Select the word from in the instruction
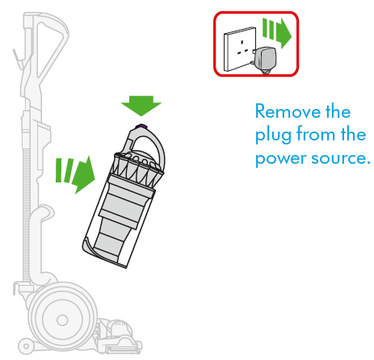tap(320, 133)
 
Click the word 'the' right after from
tap(354, 133)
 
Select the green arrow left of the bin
tap(75, 174)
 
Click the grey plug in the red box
tap(264, 59)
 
